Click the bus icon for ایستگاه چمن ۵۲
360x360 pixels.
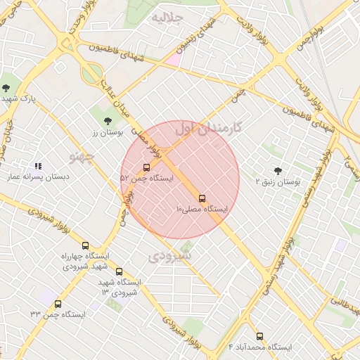pyautogui.click(x=146, y=167)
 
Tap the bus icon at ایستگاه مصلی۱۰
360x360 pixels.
pyautogui.click(x=202, y=198)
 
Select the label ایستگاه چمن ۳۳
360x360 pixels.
pyautogui.click(x=58, y=314)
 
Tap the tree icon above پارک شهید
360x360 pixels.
pyautogui.click(x=6, y=88)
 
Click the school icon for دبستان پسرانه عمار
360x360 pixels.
pyautogui.click(x=37, y=166)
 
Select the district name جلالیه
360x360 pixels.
pyautogui.click(x=168, y=16)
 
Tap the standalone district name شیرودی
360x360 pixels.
pyautogui.click(x=171, y=257)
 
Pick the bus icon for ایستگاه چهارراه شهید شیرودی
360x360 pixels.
pyautogui.click(x=86, y=246)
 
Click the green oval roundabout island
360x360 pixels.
pyautogui.click(x=91, y=72)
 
